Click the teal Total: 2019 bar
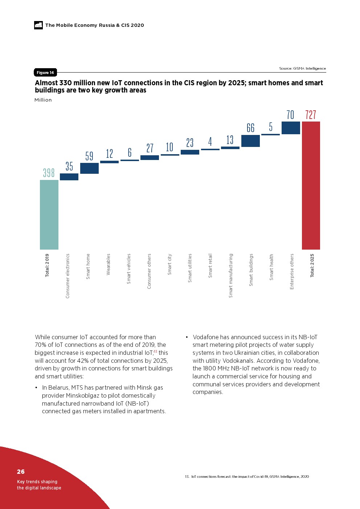(x=49, y=214)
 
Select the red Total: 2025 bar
(x=311, y=185)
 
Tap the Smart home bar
(x=89, y=168)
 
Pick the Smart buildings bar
(x=250, y=141)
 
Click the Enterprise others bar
(x=291, y=128)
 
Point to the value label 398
(x=49, y=173)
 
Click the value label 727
(x=311, y=115)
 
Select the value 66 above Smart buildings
(x=250, y=128)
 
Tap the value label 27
(x=150, y=148)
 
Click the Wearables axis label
(x=108, y=264)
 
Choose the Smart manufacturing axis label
(x=231, y=276)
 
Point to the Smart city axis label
(x=169, y=264)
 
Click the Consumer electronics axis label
(x=67, y=276)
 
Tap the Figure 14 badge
(x=45, y=73)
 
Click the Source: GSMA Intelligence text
(x=302, y=68)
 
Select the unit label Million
(x=43, y=100)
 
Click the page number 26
(x=21, y=472)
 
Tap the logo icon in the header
(x=38, y=25)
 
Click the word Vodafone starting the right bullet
(x=206, y=337)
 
